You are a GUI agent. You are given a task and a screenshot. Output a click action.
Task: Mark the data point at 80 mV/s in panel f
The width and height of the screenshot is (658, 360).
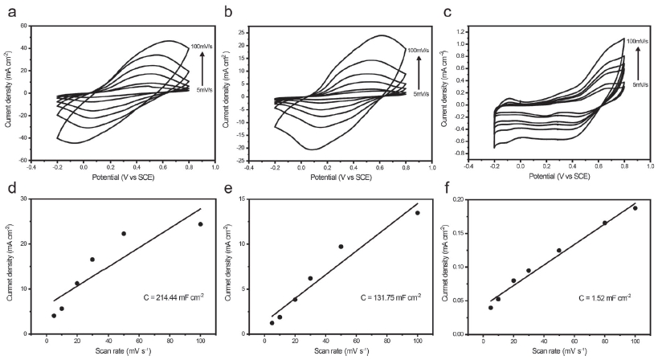pos(604,223)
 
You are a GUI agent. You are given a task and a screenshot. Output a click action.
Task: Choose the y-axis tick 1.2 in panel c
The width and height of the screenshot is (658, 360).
pos(462,33)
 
